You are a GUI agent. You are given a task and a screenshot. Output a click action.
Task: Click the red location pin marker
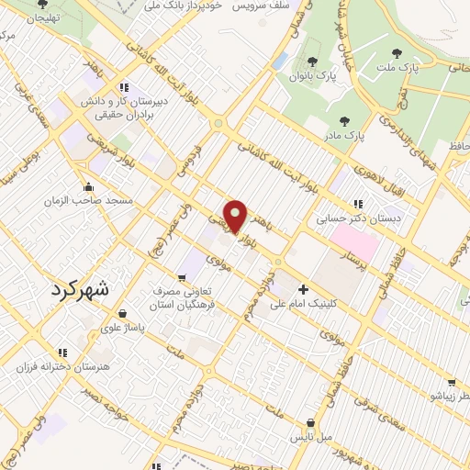[236, 216]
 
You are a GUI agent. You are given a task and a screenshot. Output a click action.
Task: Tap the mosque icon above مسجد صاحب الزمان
[88, 186]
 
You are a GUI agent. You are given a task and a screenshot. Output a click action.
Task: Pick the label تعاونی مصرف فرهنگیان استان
[184, 297]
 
